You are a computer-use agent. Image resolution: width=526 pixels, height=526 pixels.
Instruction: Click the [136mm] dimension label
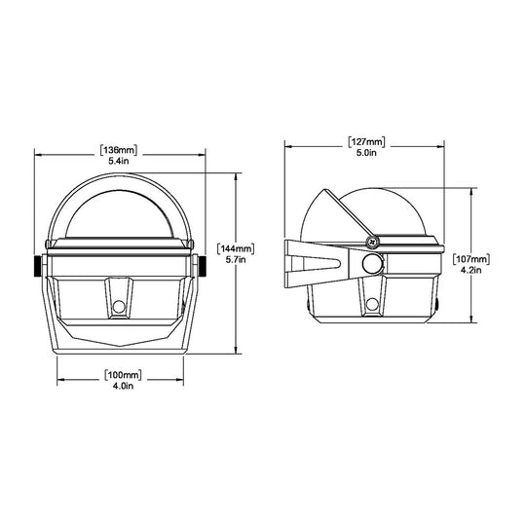point(119,150)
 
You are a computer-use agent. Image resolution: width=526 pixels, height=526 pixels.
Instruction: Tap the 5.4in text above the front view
point(119,161)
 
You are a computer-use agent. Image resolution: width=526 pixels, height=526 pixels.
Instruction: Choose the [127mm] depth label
point(365,141)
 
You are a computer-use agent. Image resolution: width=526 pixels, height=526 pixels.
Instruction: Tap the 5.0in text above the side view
point(365,152)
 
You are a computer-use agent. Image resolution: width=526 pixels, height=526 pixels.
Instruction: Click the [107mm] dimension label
point(472,258)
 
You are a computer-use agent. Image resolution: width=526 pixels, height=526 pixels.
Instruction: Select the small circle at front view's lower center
point(119,306)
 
